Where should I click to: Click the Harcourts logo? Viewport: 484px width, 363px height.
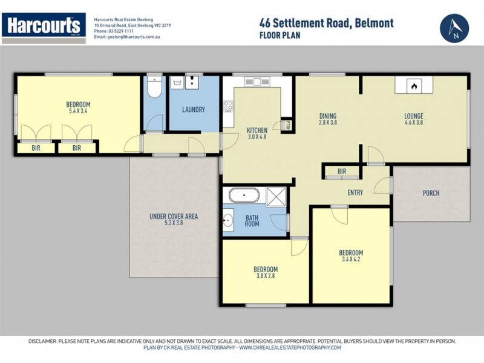click(x=42, y=26)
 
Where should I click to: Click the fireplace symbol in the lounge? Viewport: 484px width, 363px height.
click(x=414, y=86)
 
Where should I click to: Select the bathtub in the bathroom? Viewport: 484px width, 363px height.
click(x=244, y=196)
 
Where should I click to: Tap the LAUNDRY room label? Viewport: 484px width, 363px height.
click(x=194, y=110)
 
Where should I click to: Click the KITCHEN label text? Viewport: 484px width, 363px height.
click(x=257, y=130)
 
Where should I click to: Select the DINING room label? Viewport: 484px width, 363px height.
click(x=327, y=117)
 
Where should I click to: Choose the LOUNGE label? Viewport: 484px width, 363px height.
click(x=414, y=117)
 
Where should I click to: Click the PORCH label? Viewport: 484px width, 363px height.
click(x=431, y=194)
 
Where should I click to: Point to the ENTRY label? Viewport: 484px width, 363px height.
click(x=355, y=194)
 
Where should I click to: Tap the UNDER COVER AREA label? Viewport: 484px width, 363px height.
click(x=174, y=217)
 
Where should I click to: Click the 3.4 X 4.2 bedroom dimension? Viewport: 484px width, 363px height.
click(x=351, y=260)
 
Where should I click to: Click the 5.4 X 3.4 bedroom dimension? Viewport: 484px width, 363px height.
click(x=78, y=112)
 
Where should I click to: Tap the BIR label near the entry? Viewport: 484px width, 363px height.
click(x=342, y=172)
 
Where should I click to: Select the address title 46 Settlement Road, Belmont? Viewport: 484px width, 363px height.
click(x=326, y=23)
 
